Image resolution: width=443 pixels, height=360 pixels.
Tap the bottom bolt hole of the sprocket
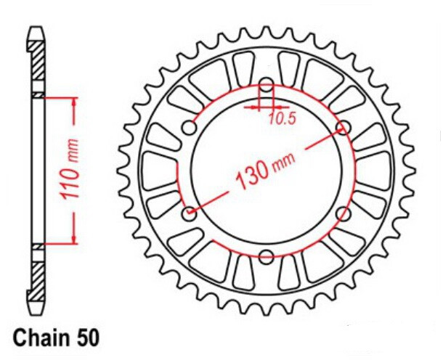(x=267, y=255)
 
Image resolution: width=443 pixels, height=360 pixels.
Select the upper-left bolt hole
(x=190, y=128)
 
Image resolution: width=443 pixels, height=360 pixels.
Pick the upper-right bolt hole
(x=344, y=128)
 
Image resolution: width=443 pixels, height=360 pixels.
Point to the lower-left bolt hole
(x=190, y=213)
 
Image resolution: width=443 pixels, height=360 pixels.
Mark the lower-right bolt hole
(x=344, y=213)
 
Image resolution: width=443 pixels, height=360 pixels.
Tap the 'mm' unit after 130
(x=279, y=170)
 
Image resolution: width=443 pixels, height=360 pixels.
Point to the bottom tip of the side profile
(x=36, y=314)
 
